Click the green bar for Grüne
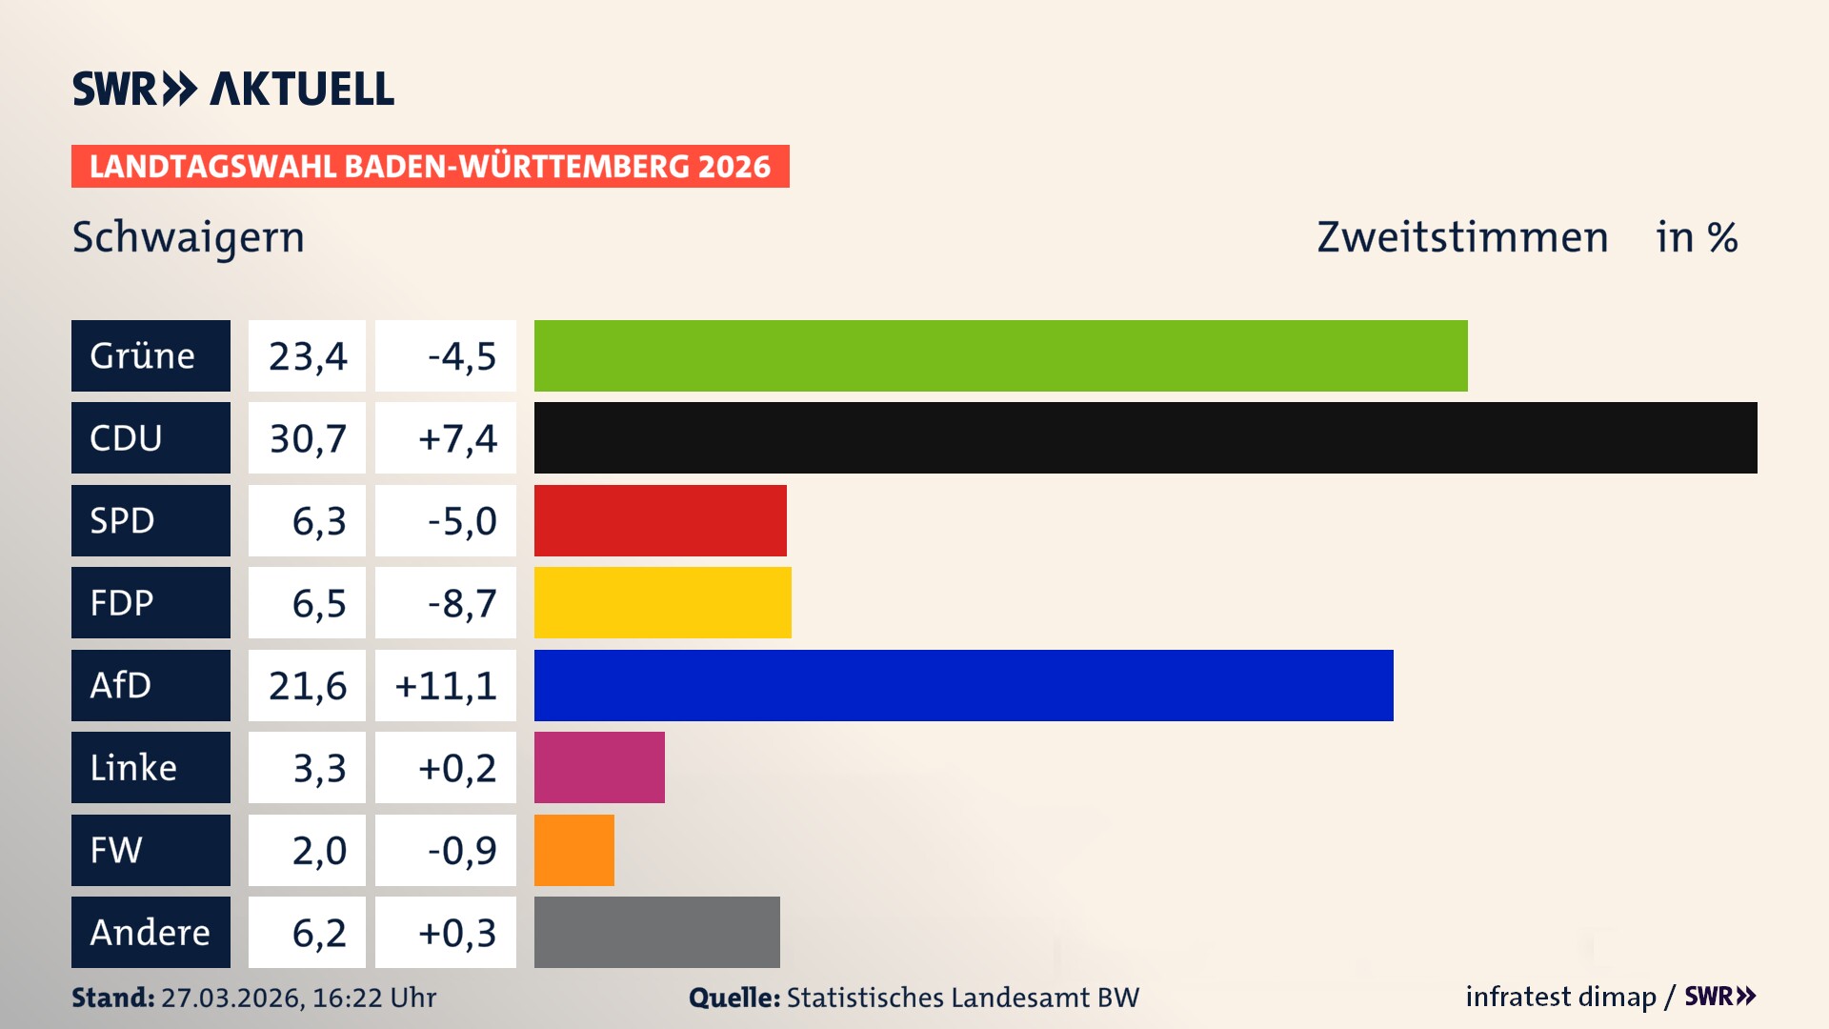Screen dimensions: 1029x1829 (1000, 355)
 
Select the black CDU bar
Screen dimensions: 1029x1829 (1145, 437)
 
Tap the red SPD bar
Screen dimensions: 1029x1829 (660, 520)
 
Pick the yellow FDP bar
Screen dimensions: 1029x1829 (662, 602)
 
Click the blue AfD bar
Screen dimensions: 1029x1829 (963, 685)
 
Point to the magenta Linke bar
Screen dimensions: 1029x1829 (599, 767)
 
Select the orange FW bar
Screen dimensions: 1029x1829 (573, 850)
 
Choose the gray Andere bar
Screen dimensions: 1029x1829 (656, 932)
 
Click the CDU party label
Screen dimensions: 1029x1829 (151, 437)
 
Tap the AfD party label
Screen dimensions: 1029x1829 (151, 685)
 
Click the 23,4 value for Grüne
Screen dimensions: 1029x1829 (307, 355)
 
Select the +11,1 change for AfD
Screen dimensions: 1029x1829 (445, 685)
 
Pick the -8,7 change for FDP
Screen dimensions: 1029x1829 (445, 602)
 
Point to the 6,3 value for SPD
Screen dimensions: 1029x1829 (307, 520)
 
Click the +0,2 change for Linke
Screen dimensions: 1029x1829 (445, 767)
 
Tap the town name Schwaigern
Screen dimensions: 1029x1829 (188, 237)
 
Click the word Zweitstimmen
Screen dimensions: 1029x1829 (1461, 237)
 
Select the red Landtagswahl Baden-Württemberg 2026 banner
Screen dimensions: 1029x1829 (430, 166)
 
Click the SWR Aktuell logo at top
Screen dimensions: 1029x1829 (232, 89)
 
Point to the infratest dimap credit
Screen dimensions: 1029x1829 (1559, 997)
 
